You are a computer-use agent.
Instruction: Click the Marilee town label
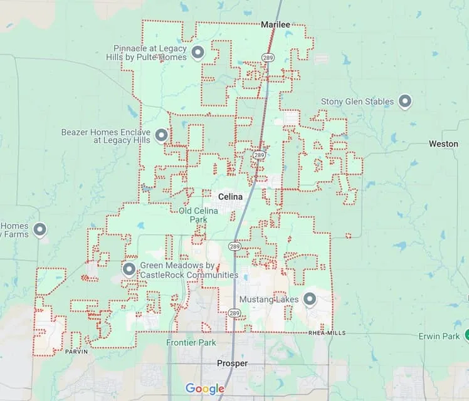pos(275,24)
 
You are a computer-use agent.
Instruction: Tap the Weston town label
pos(443,143)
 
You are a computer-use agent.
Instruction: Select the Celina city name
pos(230,197)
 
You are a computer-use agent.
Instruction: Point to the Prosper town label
pos(232,363)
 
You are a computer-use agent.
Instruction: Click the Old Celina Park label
pos(198,215)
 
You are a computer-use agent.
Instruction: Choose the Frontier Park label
pos(191,343)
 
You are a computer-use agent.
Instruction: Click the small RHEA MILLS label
pos(327,333)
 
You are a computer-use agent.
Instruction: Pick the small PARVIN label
pos(76,352)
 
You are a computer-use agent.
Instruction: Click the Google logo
pos(205,389)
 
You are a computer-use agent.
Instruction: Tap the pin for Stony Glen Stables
pos(405,101)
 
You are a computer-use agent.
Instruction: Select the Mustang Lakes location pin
pos(309,299)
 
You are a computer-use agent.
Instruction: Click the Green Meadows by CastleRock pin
pos(129,269)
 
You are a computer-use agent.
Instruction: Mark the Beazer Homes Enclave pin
pos(161,135)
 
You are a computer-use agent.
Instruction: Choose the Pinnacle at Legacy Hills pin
pos(198,52)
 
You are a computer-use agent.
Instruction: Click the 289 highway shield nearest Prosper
pos(234,312)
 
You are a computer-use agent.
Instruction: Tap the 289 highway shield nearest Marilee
pos(266,58)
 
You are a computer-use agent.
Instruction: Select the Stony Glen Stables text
pos(357,102)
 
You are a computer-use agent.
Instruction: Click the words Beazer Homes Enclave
pos(105,133)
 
